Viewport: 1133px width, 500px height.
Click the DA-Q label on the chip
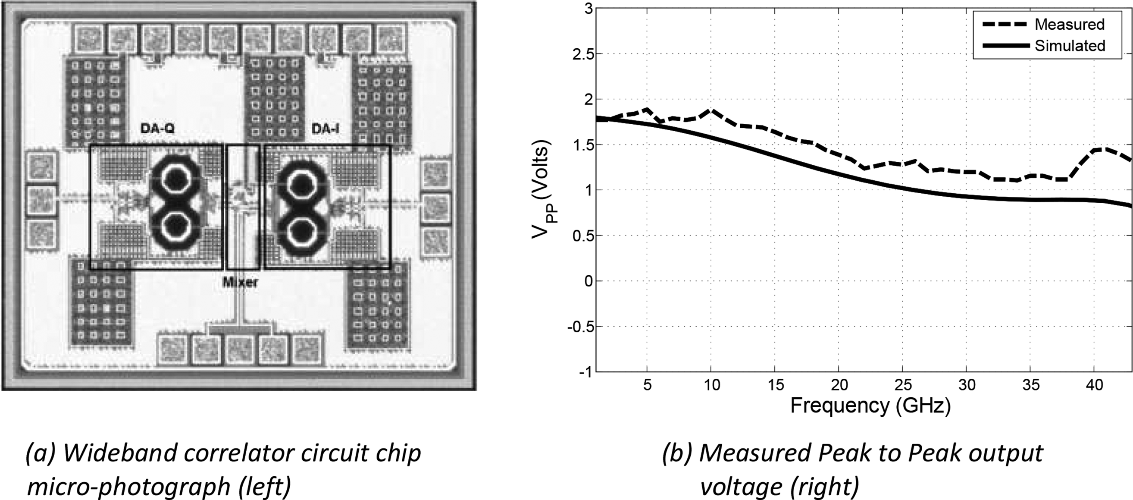point(157,129)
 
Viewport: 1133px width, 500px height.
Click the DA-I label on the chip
point(325,129)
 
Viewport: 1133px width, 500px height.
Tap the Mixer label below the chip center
point(240,282)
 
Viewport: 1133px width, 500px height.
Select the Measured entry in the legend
point(1069,24)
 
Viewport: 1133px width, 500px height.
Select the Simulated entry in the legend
point(1070,46)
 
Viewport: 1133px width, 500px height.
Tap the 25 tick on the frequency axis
point(902,385)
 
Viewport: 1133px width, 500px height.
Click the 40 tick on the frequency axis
point(1094,385)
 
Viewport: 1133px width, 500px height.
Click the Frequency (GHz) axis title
point(870,406)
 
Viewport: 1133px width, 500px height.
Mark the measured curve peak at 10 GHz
point(711,110)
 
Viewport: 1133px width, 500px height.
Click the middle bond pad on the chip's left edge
point(41,201)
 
